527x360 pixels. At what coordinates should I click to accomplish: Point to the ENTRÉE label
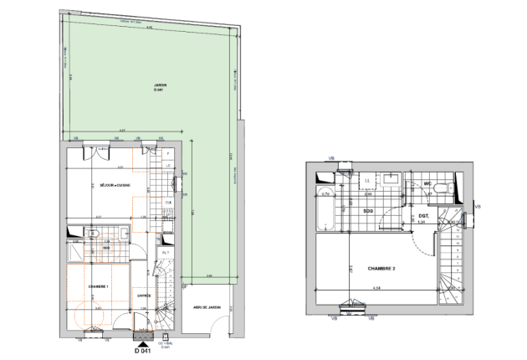pyautogui.click(x=143, y=296)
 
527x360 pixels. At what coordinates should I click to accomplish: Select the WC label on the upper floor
pyautogui.click(x=427, y=183)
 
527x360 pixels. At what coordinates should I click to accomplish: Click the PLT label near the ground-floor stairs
pyautogui.click(x=166, y=253)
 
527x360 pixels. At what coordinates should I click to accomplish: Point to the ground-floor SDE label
pyautogui.click(x=106, y=249)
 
